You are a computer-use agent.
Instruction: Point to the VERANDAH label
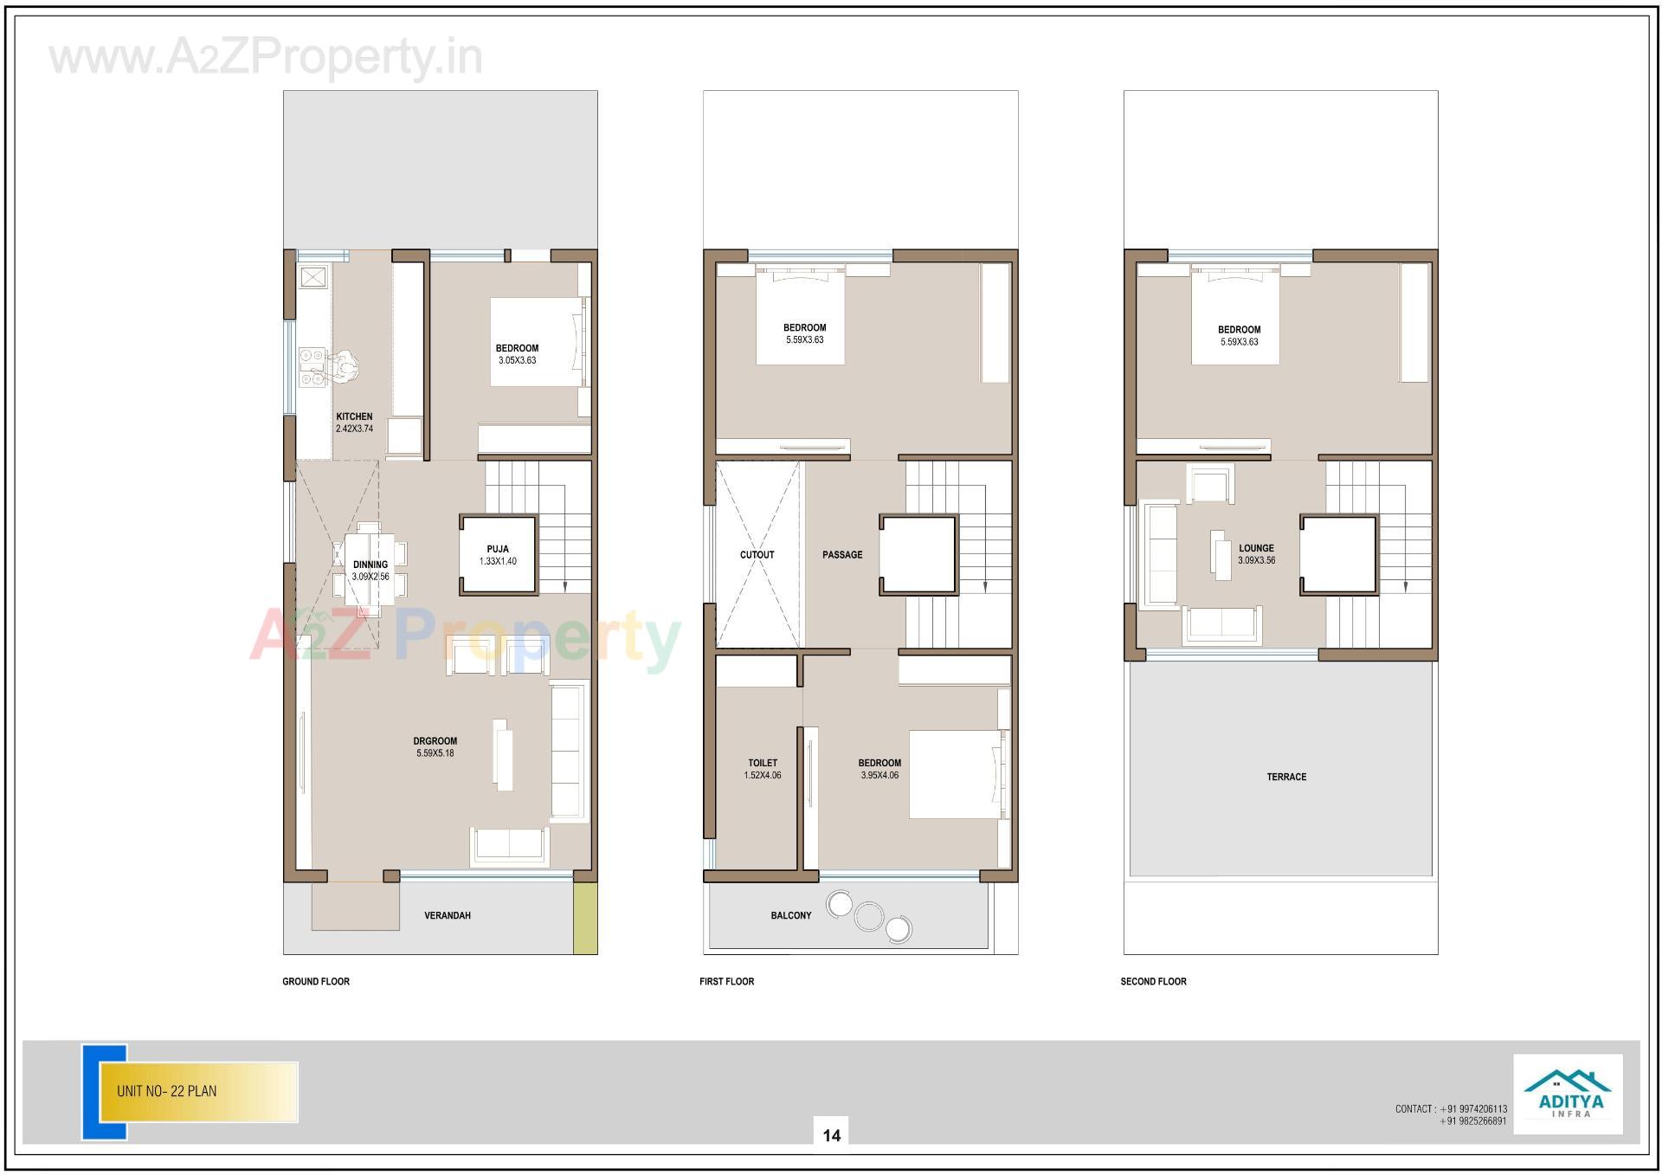448,915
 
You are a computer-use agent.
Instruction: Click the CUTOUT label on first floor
757,555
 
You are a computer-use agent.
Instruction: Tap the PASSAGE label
842,555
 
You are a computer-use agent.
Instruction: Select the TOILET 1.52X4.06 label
763,769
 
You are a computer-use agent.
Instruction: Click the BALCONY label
791,915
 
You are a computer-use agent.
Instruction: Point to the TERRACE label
1286,777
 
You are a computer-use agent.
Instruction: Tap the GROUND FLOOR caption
316,981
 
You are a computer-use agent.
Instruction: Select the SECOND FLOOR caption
1153,981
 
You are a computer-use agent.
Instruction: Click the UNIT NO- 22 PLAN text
167,1091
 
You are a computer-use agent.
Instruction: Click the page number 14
831,1135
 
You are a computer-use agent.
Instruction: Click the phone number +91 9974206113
1475,1108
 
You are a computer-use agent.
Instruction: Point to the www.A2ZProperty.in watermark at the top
266,58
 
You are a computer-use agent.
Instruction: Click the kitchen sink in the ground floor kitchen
312,277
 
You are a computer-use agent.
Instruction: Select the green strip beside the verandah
585,918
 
